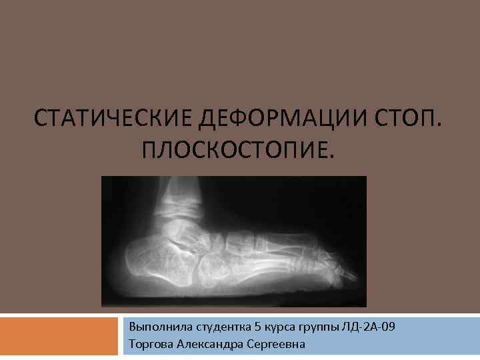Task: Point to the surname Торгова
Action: coord(151,344)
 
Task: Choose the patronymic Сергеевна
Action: coord(275,344)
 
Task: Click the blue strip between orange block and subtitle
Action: coord(121,336)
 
